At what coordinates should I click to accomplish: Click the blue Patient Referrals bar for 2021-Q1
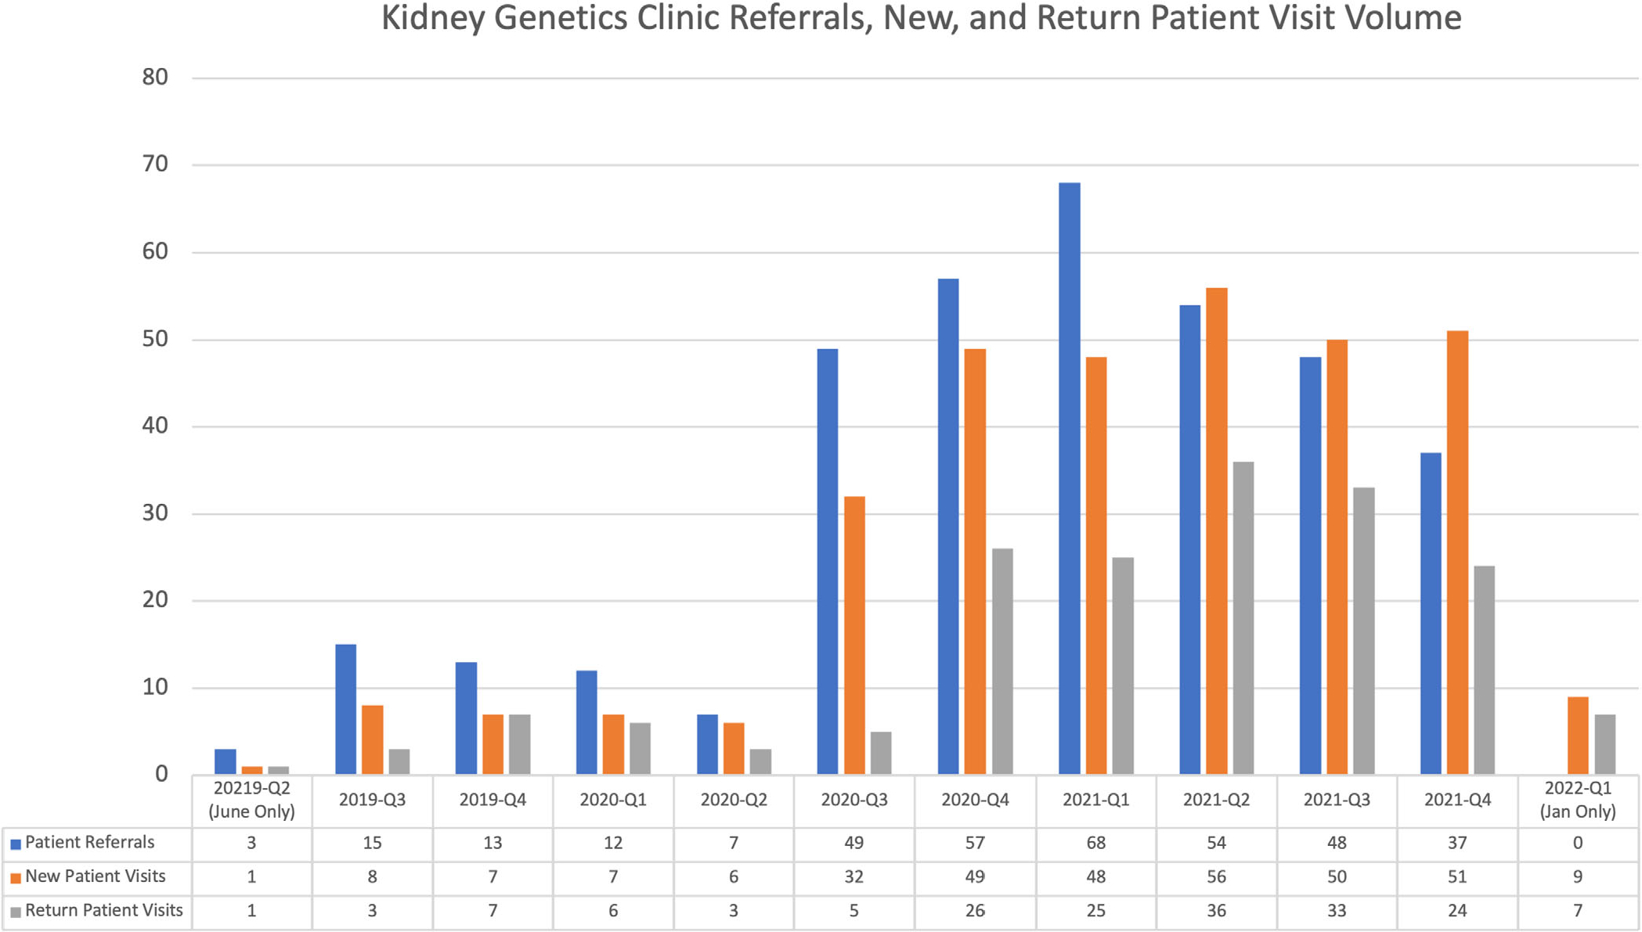(1069, 478)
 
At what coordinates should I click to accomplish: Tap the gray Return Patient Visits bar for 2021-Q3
(1363, 631)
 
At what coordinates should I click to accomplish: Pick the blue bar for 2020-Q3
(827, 561)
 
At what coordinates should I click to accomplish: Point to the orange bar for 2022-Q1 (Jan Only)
(1577, 735)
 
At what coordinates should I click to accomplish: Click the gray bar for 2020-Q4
(1001, 661)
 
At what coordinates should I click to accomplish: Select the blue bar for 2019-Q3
(345, 709)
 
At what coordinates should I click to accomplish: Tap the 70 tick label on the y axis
(155, 164)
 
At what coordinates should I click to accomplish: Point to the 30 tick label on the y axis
(155, 513)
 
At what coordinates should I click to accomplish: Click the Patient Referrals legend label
(89, 843)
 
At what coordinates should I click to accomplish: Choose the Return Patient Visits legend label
(103, 911)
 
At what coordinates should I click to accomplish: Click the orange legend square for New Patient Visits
(15, 878)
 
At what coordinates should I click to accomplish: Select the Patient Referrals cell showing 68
(1095, 844)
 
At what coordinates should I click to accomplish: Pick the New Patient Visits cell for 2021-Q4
(1456, 877)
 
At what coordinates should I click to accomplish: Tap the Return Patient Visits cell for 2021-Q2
(1215, 911)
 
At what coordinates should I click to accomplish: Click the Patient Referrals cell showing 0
(1577, 844)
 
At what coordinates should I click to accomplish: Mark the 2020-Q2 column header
(733, 800)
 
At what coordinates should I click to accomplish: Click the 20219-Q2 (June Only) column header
(251, 800)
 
